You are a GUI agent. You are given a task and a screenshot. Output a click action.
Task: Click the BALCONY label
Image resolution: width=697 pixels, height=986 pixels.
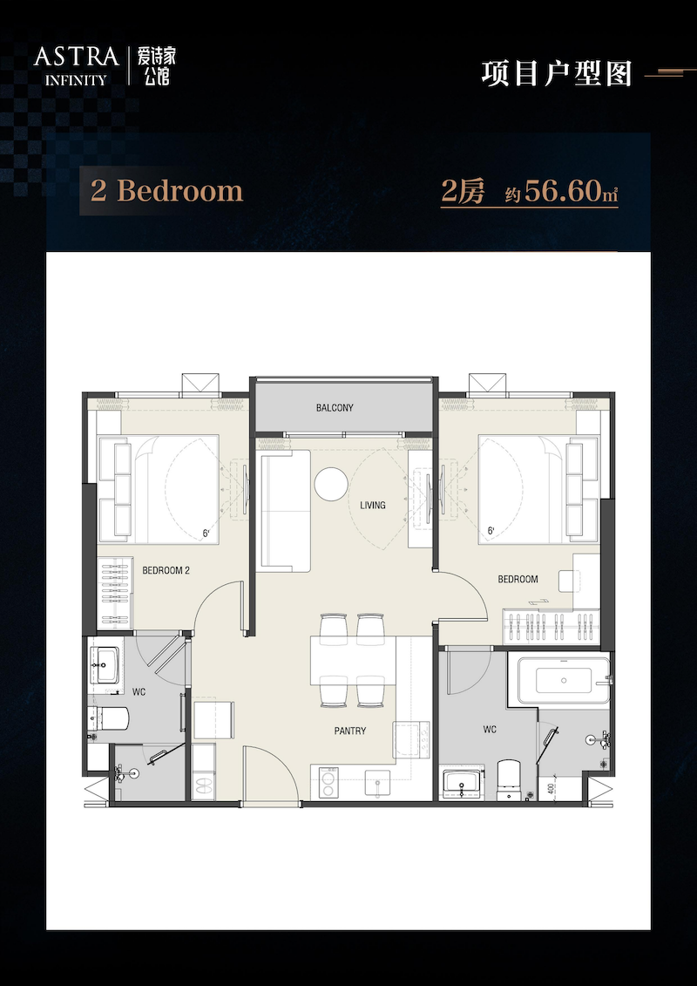click(x=335, y=407)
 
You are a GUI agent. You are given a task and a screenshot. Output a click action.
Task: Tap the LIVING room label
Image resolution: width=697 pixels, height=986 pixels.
click(x=373, y=505)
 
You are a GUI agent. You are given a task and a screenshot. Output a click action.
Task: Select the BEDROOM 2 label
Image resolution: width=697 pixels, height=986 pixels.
click(x=166, y=571)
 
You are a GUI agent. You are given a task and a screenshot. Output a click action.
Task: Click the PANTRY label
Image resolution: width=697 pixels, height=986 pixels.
click(x=350, y=731)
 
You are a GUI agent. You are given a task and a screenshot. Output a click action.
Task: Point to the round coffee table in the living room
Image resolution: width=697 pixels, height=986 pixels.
click(x=331, y=484)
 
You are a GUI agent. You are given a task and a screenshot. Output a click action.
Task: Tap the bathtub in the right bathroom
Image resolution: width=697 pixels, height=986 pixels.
click(x=563, y=680)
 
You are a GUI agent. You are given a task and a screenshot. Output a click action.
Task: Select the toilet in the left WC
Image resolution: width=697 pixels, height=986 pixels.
click(x=110, y=717)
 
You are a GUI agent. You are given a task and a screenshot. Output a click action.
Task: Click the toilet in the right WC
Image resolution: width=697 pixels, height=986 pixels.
click(x=509, y=779)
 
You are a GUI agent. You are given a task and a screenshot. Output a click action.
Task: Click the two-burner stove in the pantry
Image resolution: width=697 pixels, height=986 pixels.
click(x=328, y=782)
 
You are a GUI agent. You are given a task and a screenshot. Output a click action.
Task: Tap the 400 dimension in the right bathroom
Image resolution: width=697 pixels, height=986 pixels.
click(x=551, y=790)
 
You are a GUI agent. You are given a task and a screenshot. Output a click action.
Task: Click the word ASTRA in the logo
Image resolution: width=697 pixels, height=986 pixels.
click(x=76, y=58)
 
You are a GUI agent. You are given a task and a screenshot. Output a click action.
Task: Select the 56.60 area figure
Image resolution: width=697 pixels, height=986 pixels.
click(x=563, y=191)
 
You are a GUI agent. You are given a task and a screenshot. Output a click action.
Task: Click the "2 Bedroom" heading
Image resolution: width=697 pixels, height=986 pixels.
click(x=166, y=191)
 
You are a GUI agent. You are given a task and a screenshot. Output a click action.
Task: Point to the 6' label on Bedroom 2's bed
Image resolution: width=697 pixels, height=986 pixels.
click(x=206, y=534)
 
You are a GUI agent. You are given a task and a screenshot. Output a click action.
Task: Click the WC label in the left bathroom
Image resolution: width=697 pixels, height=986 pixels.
click(x=139, y=691)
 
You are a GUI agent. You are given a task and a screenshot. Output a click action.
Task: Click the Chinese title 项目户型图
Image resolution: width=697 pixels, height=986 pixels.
click(x=557, y=73)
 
